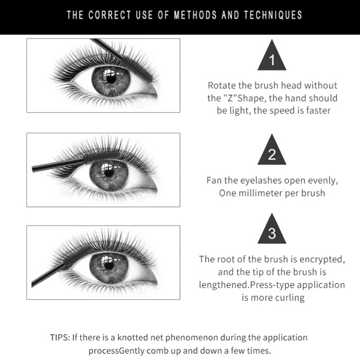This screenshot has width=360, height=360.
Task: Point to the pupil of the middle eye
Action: click(x=109, y=173)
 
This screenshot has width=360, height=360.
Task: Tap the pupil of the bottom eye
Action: click(x=109, y=265)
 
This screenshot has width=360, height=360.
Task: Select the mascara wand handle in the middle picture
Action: click(x=58, y=165)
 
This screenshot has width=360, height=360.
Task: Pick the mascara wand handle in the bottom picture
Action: click(x=48, y=275)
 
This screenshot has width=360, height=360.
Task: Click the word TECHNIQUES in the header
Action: click(x=273, y=15)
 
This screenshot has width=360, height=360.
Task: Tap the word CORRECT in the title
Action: click(x=109, y=15)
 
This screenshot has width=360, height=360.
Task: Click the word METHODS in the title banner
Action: click(x=195, y=15)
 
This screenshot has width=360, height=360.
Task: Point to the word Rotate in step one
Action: click(x=222, y=85)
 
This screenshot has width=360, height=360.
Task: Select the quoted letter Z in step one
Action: click(x=230, y=98)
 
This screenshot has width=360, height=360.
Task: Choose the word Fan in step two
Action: click(x=214, y=180)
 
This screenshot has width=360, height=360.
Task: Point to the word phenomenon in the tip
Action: click(x=192, y=338)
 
